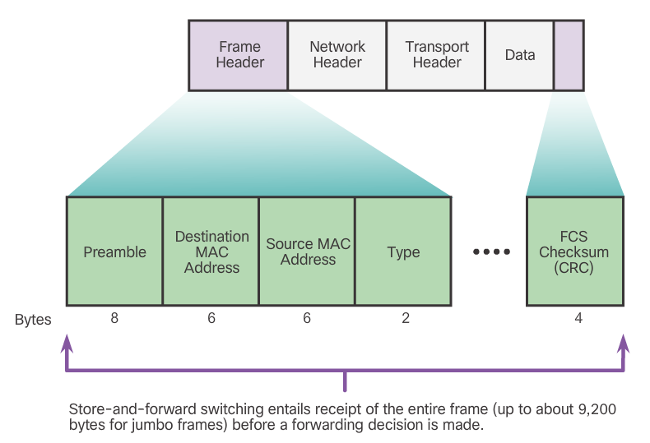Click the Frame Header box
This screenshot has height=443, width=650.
tap(239, 55)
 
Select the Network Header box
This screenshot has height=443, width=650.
tap(337, 55)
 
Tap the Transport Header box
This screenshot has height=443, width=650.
tap(436, 55)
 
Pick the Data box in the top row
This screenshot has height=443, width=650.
tap(520, 55)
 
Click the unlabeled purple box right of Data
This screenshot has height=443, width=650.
tap(569, 55)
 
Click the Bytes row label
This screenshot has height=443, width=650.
tap(33, 320)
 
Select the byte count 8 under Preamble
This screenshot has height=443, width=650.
tap(114, 318)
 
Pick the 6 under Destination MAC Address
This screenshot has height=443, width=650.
tap(211, 318)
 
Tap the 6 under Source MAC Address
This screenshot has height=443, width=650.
tap(307, 318)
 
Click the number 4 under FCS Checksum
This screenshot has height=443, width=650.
tap(578, 318)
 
